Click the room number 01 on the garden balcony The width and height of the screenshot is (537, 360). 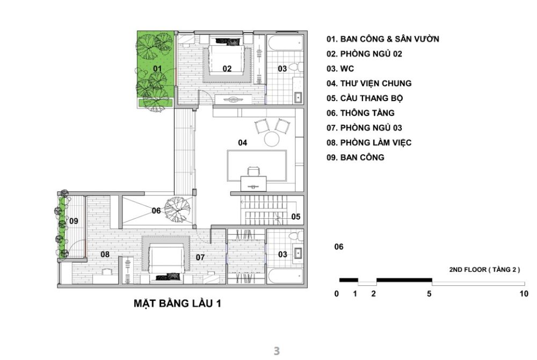click(x=157, y=68)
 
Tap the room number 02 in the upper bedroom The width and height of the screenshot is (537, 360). click(x=227, y=68)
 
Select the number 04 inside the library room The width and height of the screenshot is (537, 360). click(x=243, y=142)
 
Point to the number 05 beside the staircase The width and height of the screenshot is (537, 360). click(x=296, y=217)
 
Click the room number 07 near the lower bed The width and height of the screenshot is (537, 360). click(x=200, y=257)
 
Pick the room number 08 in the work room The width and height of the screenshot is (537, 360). click(x=105, y=255)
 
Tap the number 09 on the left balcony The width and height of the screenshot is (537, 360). click(x=74, y=220)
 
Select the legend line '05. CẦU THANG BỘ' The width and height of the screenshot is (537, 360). click(x=364, y=98)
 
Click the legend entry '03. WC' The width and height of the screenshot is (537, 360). click(x=340, y=69)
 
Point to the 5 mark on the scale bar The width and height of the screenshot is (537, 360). click(x=429, y=294)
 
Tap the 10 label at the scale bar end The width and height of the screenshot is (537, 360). click(x=524, y=294)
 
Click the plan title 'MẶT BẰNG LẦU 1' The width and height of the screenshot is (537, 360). click(x=177, y=304)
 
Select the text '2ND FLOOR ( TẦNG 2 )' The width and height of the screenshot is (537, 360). click(x=484, y=269)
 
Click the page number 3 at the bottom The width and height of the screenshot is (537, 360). click(x=277, y=351)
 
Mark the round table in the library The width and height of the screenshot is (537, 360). click(x=271, y=139)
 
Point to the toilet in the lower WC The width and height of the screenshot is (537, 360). click(x=293, y=236)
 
